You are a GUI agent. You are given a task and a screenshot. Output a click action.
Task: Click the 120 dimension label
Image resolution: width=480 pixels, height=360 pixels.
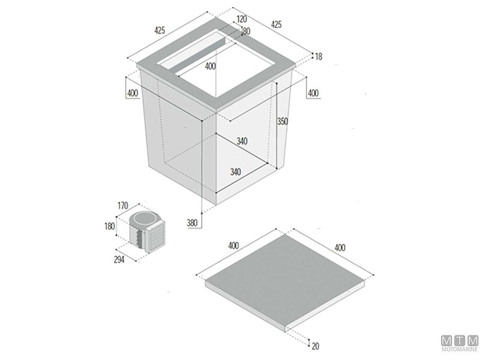[x=242, y=19]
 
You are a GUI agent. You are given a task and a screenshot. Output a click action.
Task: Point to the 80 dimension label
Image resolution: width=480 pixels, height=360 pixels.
[x=247, y=31]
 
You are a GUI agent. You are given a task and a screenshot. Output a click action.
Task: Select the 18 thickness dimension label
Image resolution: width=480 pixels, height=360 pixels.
[x=319, y=56]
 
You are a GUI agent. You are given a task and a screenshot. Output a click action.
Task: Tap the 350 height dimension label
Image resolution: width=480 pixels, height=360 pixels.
[x=283, y=122]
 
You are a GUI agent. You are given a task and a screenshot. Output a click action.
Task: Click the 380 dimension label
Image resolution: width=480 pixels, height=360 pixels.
[x=192, y=223]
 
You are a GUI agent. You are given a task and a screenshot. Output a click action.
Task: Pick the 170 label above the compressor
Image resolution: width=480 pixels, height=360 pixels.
[x=123, y=205]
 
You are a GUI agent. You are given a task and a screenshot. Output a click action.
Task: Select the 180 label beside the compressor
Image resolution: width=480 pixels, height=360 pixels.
[x=109, y=226]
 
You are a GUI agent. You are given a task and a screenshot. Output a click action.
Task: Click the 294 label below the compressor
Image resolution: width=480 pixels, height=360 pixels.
[x=119, y=260]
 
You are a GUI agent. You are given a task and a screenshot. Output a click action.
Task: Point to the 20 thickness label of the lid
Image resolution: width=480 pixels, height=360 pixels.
[x=316, y=346]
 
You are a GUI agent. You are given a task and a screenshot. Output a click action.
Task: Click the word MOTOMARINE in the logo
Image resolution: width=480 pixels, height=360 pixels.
[x=460, y=349]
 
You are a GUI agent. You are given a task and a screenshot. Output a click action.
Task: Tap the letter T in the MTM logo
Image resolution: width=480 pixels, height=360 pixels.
[x=460, y=341]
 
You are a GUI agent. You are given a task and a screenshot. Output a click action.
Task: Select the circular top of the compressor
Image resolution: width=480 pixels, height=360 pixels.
[x=144, y=218]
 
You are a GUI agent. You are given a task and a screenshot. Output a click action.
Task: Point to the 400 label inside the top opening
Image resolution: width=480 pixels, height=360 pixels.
[x=211, y=66]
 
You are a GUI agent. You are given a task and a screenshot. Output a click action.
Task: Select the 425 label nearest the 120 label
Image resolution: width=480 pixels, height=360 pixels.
[x=276, y=24]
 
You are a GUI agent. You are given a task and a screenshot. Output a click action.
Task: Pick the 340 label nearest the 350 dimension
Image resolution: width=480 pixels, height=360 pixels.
[x=242, y=141]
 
